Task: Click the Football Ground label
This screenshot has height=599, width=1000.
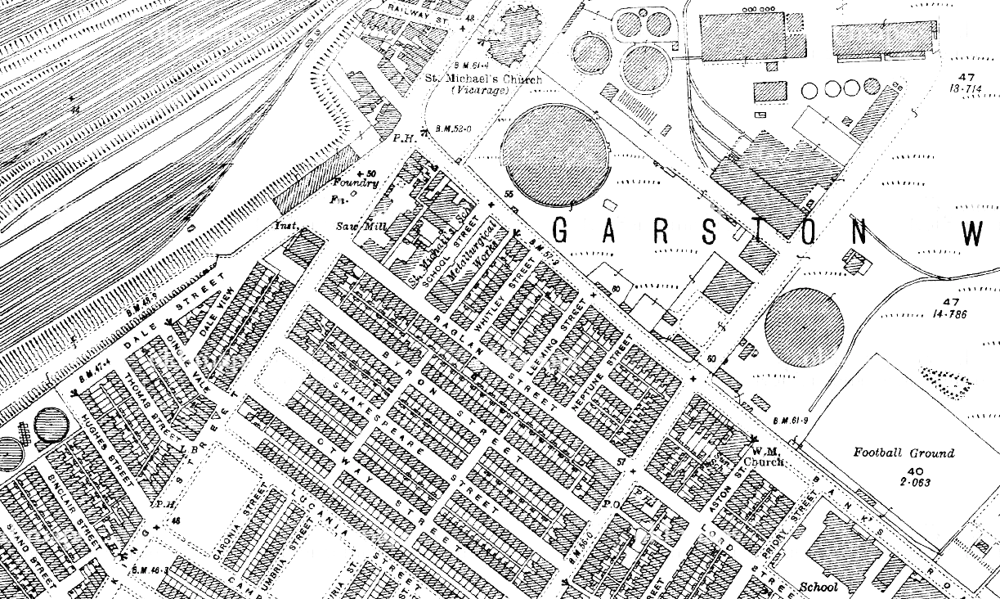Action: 904,453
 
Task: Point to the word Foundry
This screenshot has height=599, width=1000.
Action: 356,183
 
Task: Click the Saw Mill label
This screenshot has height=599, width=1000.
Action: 352,226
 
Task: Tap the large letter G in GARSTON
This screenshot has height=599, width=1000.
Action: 561,232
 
